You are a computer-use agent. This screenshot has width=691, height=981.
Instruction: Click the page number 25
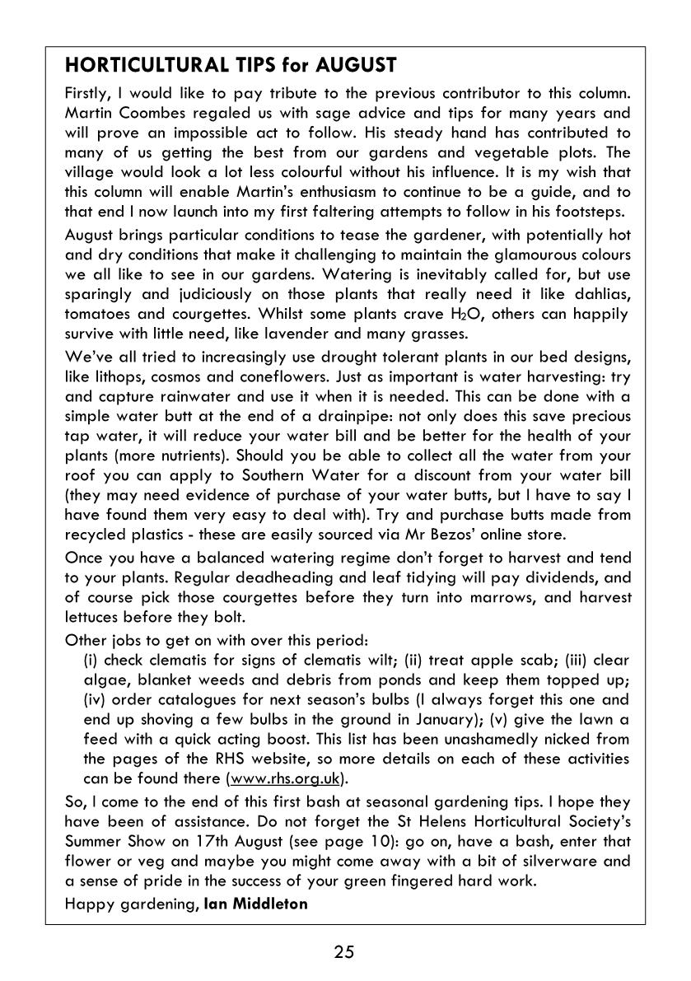pyautogui.click(x=344, y=953)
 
